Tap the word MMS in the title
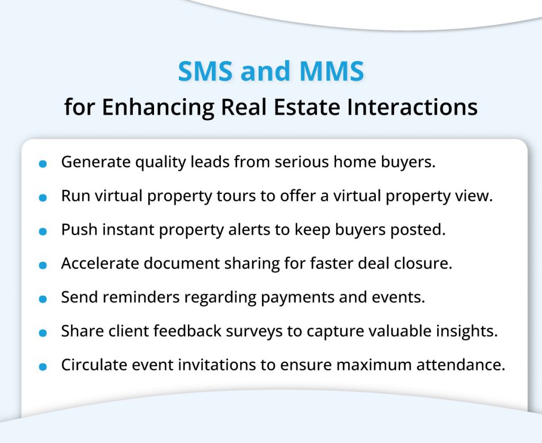click(x=332, y=72)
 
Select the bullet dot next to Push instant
click(x=43, y=232)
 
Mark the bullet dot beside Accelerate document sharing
click(x=43, y=265)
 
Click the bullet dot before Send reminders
click(x=43, y=299)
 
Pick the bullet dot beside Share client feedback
click(x=43, y=333)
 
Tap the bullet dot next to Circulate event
click(x=43, y=367)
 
